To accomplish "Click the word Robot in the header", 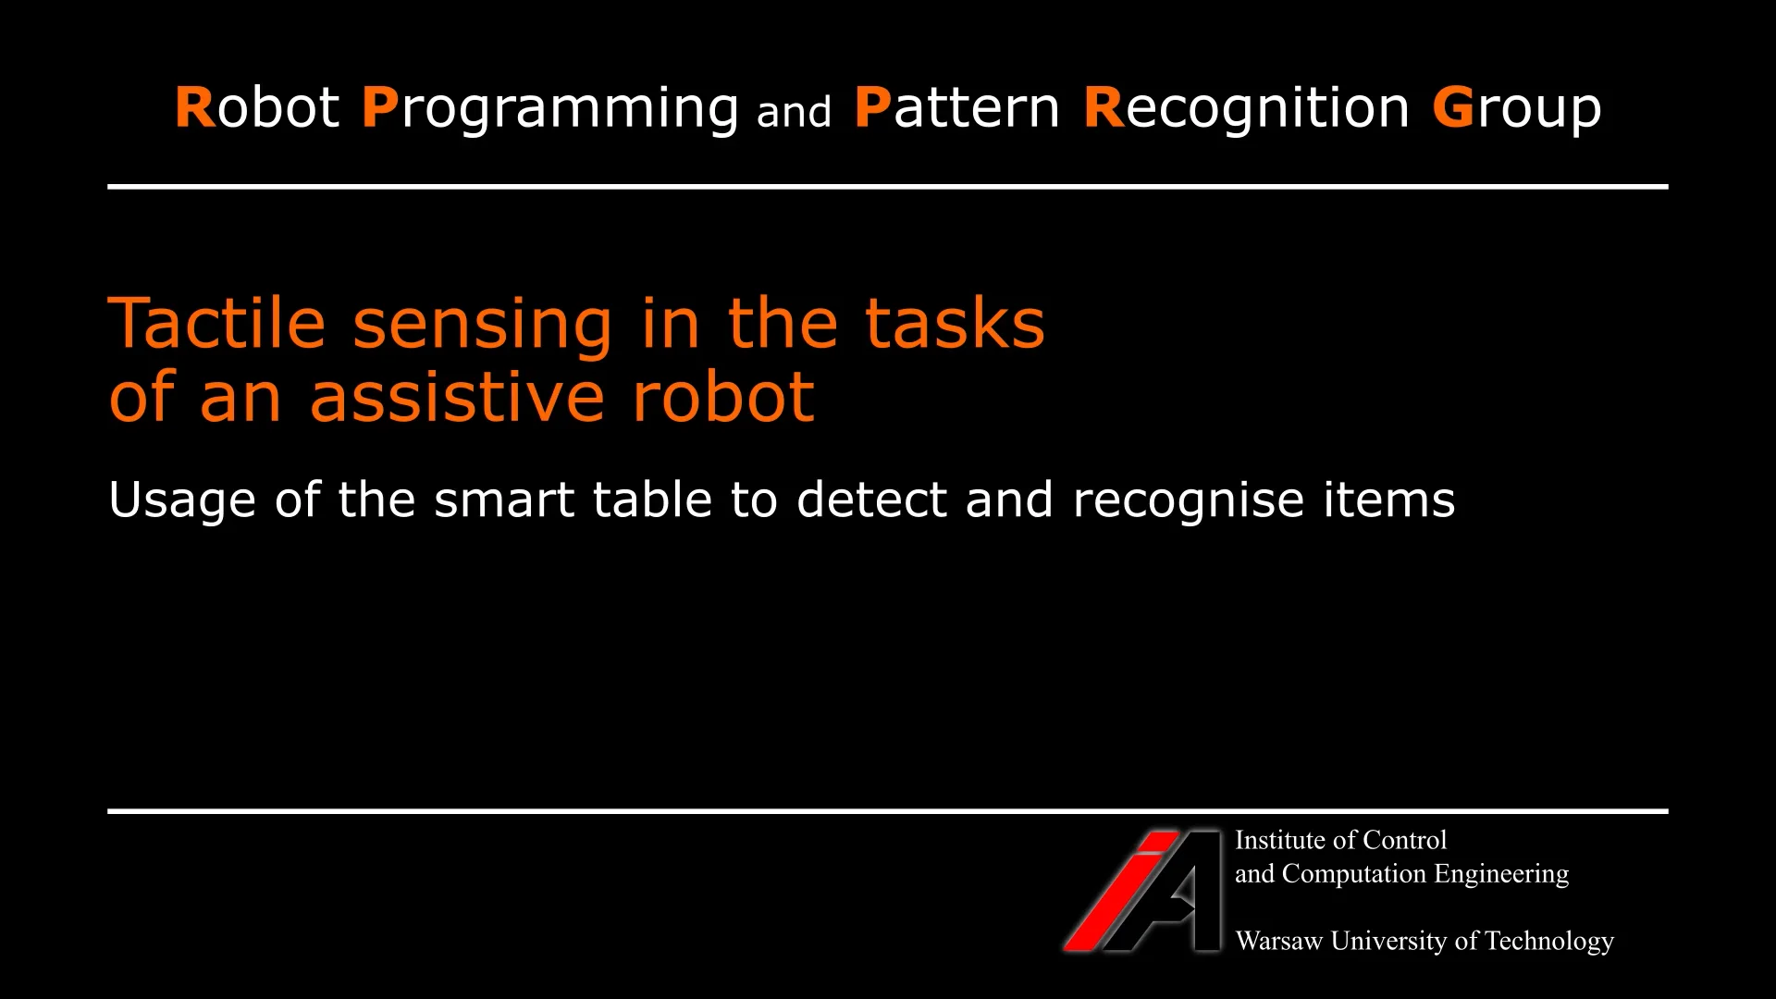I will pyautogui.click(x=257, y=108).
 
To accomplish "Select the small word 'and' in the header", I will pyautogui.click(x=794, y=113).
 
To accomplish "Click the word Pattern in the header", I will pyautogui.click(x=956, y=108).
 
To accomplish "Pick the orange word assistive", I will pyautogui.click(x=457, y=397).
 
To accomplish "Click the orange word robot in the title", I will pyautogui.click(x=722, y=397).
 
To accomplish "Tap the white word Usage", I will pyautogui.click(x=181, y=501).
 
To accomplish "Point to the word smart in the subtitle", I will pyautogui.click(x=503, y=500).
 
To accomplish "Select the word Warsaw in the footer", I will pyautogui.click(x=1279, y=942).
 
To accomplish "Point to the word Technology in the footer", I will pyautogui.click(x=1549, y=943).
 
